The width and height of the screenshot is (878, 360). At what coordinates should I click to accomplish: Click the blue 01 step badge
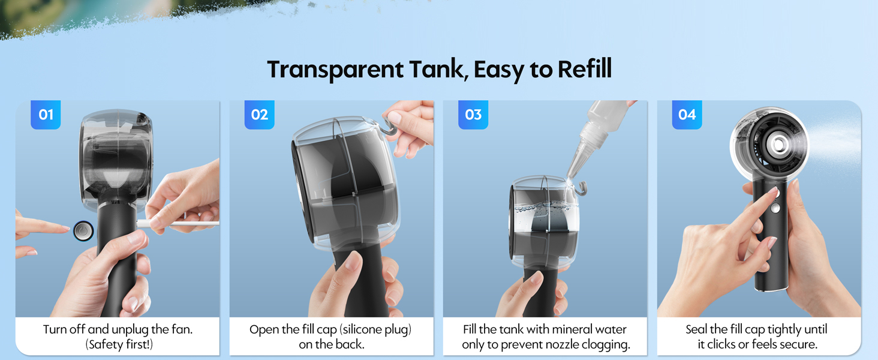(x=46, y=115)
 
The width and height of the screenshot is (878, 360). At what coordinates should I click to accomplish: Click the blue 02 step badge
(x=259, y=115)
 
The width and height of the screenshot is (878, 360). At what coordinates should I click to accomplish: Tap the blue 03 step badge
(x=473, y=115)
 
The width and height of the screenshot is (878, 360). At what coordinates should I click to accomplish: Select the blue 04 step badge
(x=687, y=115)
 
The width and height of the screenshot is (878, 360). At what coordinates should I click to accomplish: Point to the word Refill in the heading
(x=584, y=70)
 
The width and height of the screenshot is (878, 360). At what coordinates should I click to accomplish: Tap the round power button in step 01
(x=83, y=230)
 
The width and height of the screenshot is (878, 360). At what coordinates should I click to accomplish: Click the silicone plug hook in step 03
(x=580, y=188)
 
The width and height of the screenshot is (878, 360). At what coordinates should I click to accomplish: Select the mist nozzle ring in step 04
(x=779, y=144)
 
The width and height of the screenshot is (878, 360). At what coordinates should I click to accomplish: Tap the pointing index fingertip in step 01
(x=65, y=227)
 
